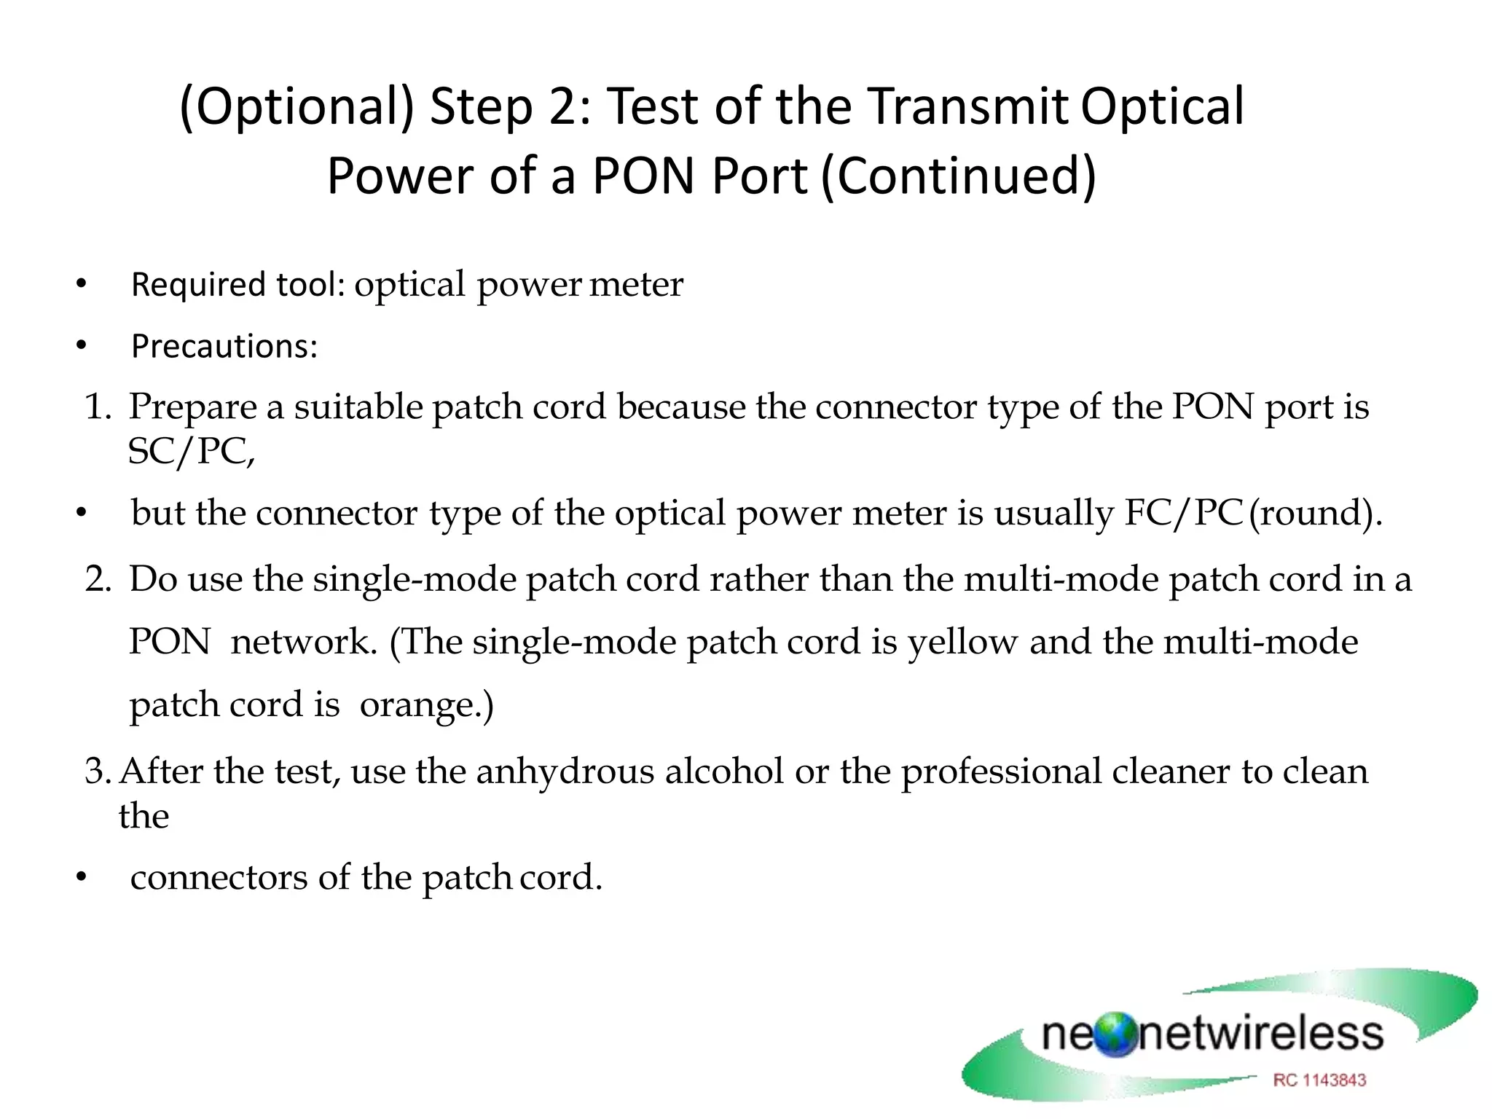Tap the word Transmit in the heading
(968, 106)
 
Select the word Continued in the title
(959, 176)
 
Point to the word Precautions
(224, 346)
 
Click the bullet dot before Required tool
(81, 284)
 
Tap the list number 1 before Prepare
(95, 407)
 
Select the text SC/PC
(190, 452)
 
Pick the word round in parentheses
(1311, 513)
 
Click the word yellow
(962, 643)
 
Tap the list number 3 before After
(95, 771)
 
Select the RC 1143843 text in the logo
(1319, 1080)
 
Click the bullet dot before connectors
(81, 878)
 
